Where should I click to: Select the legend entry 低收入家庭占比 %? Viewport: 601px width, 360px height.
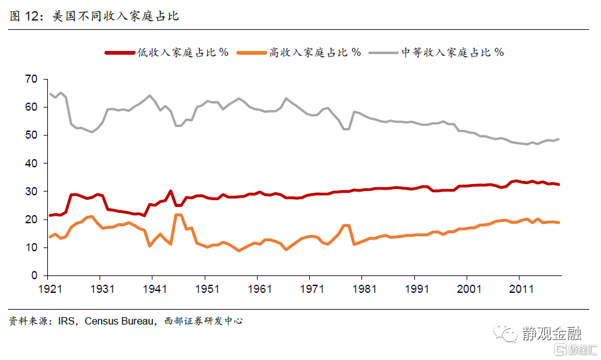[183, 52]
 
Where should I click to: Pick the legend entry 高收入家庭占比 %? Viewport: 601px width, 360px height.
[315, 52]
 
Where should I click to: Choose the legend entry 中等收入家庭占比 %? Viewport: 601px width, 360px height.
[452, 52]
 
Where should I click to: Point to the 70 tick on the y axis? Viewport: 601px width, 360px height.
[32, 79]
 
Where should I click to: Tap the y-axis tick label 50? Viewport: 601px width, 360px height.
[32, 135]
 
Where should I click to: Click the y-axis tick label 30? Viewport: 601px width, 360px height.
[32, 192]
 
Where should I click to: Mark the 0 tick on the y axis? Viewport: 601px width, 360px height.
[35, 275]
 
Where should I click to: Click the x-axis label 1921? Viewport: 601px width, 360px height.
[50, 289]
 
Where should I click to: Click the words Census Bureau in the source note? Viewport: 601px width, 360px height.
[118, 321]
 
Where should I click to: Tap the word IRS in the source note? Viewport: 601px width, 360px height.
[67, 321]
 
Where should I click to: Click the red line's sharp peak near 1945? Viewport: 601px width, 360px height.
[170, 191]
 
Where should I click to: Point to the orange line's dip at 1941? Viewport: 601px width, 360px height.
[150, 246]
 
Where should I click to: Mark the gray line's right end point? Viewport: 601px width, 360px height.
[558, 139]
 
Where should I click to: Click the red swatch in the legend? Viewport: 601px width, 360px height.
[119, 53]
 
